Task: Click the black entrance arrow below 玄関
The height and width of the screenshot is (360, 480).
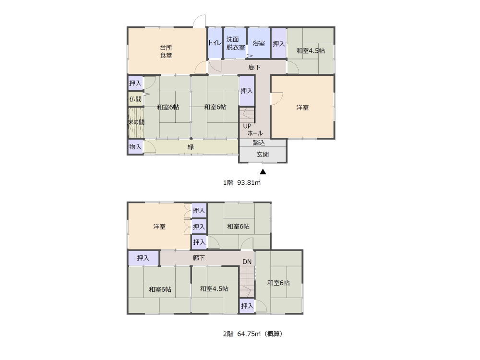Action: click(263, 172)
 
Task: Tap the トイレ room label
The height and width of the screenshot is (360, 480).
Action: click(215, 43)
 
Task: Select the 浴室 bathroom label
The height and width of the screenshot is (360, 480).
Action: click(259, 43)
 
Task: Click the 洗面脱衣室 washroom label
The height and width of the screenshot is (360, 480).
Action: click(235, 43)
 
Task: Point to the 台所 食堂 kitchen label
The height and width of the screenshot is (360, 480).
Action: click(166, 51)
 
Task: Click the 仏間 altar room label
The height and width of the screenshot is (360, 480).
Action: click(135, 99)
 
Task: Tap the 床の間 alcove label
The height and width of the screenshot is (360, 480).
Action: click(136, 122)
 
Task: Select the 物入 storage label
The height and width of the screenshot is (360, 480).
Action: click(135, 146)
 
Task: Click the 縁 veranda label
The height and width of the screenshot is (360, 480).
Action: click(191, 147)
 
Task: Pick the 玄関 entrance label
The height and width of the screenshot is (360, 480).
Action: click(263, 154)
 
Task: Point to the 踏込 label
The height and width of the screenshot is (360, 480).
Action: click(259, 143)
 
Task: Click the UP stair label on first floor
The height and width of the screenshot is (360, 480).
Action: click(247, 126)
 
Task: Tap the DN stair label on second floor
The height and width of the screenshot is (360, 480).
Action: click(247, 262)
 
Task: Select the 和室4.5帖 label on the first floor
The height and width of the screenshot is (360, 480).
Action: click(311, 51)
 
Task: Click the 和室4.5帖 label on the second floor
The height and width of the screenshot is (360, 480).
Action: click(214, 288)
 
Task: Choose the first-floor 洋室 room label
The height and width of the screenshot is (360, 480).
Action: click(302, 108)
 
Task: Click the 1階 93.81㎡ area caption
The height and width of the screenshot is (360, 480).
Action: click(242, 183)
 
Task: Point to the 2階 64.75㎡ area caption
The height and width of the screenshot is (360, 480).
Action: click(252, 334)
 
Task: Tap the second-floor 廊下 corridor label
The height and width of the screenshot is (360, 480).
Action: click(199, 258)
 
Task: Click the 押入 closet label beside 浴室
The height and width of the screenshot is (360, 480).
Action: click(278, 44)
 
